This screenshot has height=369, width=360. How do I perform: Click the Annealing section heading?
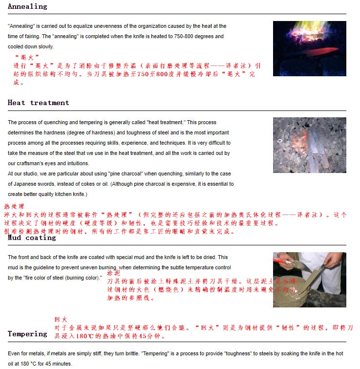pos(27,6)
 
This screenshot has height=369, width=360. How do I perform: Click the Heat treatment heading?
pos(38,103)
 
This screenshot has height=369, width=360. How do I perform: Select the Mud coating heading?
pos(32,238)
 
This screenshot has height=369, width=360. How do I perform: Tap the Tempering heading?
pos(27,334)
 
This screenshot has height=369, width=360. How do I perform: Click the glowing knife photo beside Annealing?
pos(309,48)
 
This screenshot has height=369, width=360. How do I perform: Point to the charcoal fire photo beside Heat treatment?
pos(309,145)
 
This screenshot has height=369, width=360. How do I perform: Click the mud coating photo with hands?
pos(309,280)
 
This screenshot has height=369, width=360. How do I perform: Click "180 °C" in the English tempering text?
pos(27,364)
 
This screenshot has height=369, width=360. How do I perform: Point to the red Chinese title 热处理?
pos(14,207)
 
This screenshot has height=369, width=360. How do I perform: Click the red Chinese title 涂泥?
pos(113,273)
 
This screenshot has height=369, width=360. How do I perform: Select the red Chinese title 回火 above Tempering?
pos(61,319)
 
